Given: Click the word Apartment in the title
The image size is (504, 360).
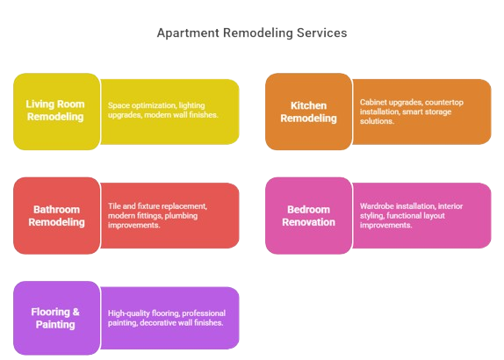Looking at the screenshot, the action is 188,33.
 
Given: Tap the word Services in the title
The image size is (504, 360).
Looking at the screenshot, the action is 321,32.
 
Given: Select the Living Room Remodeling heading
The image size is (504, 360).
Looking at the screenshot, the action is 55,111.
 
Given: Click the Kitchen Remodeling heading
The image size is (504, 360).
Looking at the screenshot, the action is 308,112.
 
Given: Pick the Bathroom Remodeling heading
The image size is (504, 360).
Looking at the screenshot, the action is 56,216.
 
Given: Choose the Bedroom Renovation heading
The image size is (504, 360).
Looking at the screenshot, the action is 308,216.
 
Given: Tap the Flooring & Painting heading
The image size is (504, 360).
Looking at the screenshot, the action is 55,318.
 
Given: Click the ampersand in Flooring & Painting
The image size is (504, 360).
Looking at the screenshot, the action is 76,312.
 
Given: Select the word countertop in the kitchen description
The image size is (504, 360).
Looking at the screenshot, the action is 444,103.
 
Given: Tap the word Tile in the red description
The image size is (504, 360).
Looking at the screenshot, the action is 114,206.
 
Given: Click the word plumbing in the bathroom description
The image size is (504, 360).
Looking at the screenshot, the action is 181,216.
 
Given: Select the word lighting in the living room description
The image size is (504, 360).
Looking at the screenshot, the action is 191,105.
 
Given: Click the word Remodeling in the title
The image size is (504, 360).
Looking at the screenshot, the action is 258,33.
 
